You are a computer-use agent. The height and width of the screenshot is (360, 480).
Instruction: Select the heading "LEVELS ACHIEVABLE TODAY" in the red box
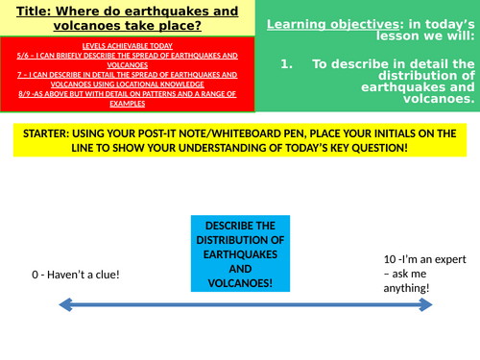(x=113, y=46)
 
